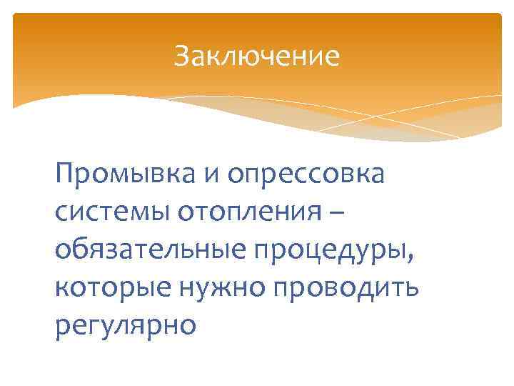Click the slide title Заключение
[256, 56]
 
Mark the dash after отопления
[341, 212]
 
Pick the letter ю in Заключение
[251, 56]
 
